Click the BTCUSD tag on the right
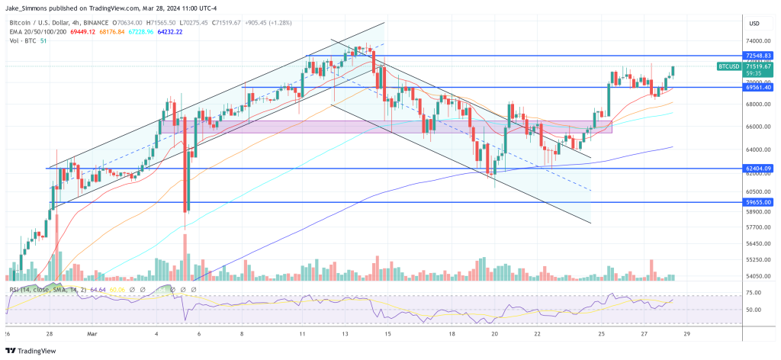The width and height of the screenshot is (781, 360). (728, 67)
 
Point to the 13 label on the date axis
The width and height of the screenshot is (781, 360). (346, 333)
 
